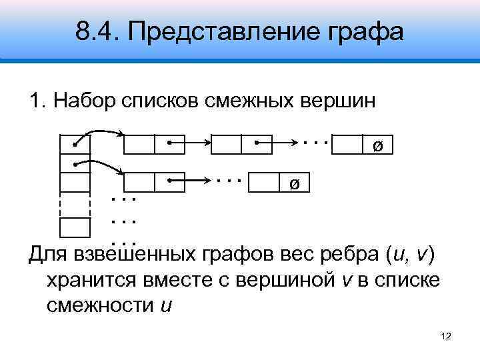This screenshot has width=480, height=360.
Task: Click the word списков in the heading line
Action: pyautogui.click(x=161, y=102)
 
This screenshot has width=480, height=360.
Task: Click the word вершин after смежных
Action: pyautogui.click(x=339, y=102)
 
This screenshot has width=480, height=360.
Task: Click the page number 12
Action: pyautogui.click(x=447, y=338)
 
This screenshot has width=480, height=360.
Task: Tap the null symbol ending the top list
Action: pyautogui.click(x=377, y=146)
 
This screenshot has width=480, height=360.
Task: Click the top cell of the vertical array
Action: pyautogui.click(x=75, y=143)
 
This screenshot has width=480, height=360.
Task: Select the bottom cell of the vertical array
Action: pyautogui.click(x=75, y=227)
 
